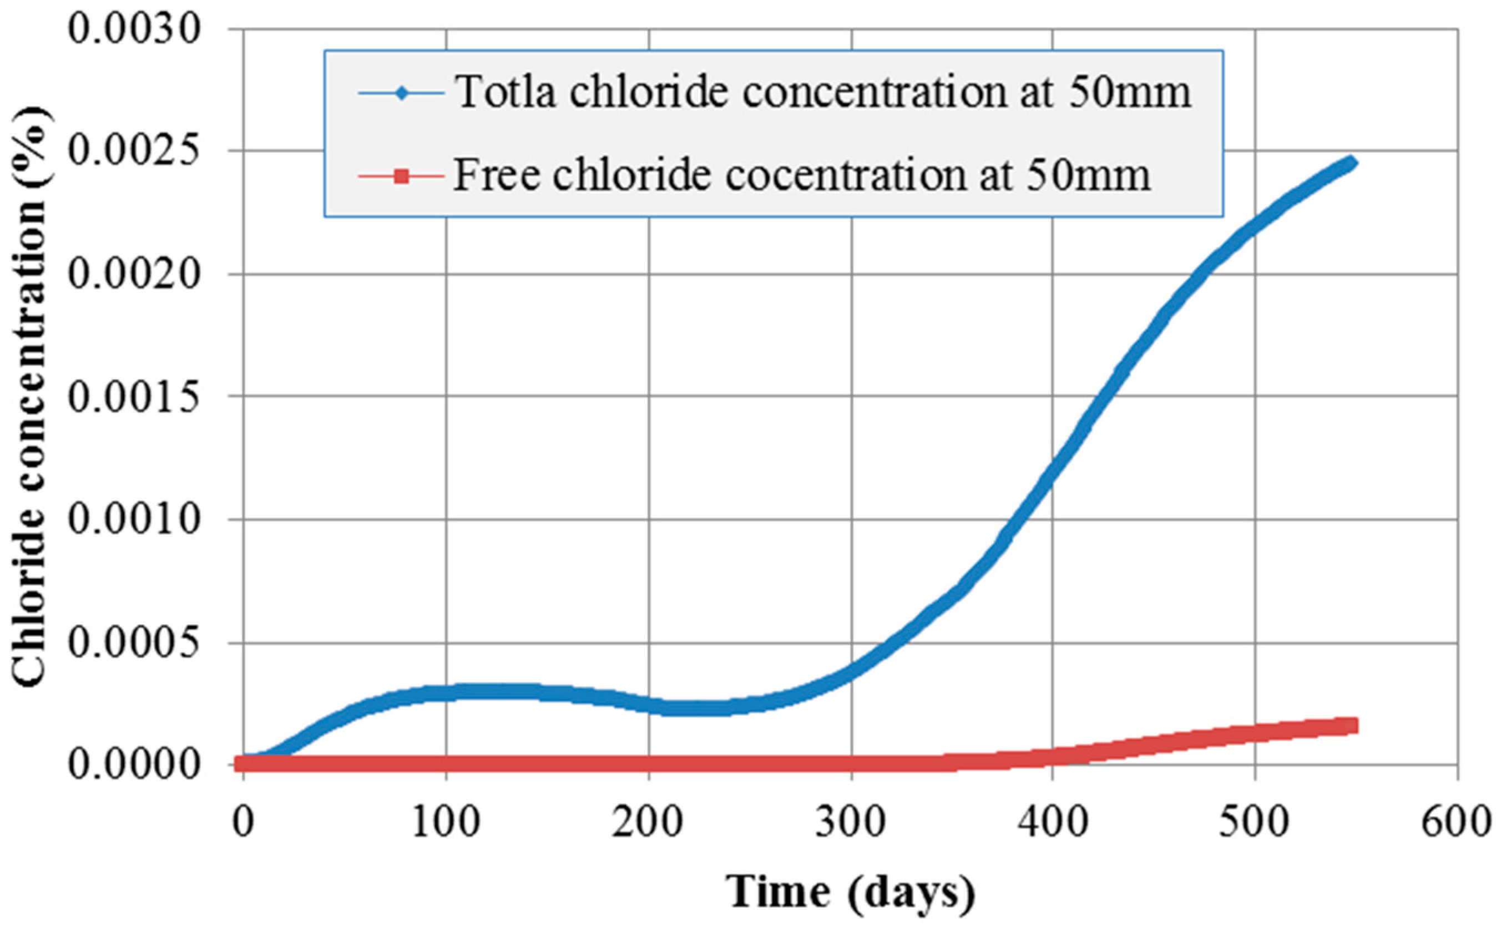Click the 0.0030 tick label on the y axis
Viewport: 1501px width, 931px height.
(x=134, y=29)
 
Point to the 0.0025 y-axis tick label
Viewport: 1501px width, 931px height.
(x=134, y=151)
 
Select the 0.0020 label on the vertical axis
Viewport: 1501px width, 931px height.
(x=134, y=274)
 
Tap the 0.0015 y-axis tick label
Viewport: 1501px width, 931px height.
(x=134, y=397)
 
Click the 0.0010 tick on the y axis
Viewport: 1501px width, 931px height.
(x=134, y=519)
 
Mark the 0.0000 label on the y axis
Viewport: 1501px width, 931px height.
(x=134, y=764)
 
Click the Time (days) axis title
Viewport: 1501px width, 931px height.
(x=851, y=892)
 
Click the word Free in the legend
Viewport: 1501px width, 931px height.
(x=496, y=175)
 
